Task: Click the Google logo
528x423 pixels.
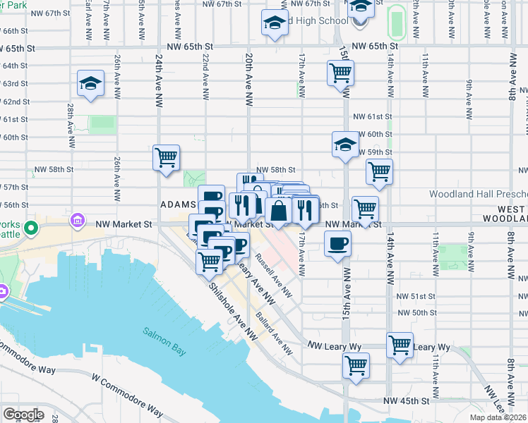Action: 23,415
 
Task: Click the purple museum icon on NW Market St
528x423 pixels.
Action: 78,223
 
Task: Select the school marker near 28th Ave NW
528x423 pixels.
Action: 91,85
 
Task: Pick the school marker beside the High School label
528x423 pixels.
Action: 275,24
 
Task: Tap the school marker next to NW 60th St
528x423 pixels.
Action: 344,145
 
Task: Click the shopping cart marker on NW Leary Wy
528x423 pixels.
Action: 400,345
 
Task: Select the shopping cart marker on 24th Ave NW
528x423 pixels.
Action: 167,158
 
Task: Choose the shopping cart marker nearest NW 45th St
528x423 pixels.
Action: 356,366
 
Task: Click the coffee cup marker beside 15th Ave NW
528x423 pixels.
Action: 337,244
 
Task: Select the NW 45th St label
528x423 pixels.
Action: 407,400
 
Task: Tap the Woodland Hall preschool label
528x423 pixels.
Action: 478,194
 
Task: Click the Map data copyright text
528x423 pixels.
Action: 499,417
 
